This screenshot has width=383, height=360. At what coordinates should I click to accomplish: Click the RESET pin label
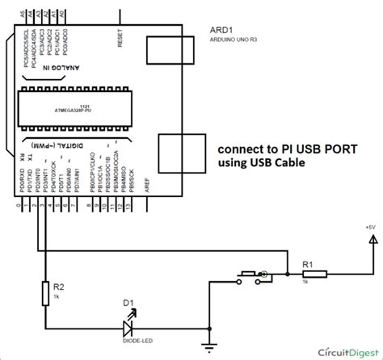pyautogui.click(x=120, y=36)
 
